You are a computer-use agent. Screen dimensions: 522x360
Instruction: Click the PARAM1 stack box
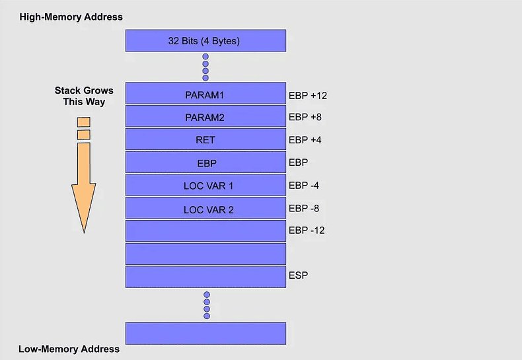tap(205, 93)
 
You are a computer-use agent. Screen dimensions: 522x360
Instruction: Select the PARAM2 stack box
tap(205, 116)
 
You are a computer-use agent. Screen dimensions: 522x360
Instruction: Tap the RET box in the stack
tap(205, 139)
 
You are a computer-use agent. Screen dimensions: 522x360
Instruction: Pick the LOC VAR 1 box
tap(205, 185)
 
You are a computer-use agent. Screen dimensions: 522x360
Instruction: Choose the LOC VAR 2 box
tap(205, 208)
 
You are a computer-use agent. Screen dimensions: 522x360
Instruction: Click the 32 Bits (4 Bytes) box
tap(205, 40)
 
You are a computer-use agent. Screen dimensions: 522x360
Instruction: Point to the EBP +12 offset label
tap(308, 96)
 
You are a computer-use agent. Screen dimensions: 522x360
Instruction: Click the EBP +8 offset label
tap(305, 117)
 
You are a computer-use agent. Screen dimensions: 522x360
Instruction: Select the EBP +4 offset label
tap(305, 140)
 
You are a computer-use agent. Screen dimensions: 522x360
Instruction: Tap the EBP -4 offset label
tap(303, 186)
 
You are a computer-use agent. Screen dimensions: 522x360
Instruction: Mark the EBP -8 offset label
tap(303, 208)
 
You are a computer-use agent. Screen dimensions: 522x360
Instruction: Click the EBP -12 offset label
tap(307, 231)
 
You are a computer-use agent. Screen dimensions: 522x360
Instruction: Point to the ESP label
tap(298, 275)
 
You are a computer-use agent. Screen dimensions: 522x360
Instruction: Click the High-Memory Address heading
tap(71, 17)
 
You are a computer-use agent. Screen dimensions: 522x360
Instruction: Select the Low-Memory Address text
tap(69, 349)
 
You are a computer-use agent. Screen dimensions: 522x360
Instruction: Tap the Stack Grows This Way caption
tap(84, 96)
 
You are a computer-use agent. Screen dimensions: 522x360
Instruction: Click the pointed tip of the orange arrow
tap(84, 233)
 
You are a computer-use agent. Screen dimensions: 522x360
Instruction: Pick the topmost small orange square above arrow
tap(83, 122)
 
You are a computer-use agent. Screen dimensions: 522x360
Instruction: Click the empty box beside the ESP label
tap(205, 277)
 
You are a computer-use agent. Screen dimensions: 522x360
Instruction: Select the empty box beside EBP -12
tap(205, 231)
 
